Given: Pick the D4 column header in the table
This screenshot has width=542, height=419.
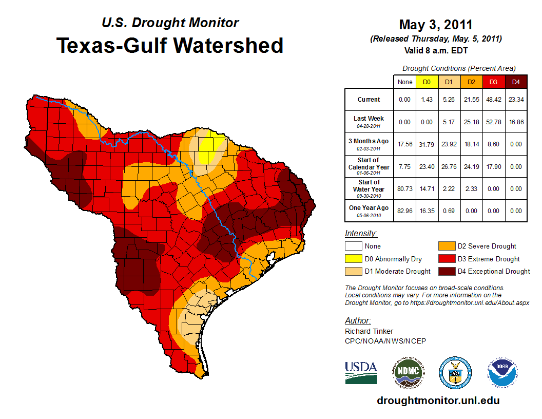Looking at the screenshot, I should [516, 82].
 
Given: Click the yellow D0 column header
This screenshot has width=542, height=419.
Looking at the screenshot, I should [427, 82].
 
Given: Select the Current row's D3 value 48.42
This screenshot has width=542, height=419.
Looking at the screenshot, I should [493, 100].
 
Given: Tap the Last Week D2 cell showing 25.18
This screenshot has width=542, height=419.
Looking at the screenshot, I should [471, 122].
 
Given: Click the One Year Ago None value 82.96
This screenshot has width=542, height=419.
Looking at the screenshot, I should [405, 211].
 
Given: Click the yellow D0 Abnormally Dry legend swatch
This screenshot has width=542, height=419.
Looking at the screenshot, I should [353, 259].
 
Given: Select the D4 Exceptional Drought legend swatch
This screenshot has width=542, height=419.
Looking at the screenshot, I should [446, 271].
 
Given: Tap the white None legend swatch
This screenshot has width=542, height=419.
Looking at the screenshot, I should [353, 246].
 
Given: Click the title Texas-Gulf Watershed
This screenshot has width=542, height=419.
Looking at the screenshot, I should [169, 45].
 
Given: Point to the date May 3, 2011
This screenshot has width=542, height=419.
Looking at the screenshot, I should [435, 25].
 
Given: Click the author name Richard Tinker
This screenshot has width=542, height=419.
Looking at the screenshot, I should [369, 331].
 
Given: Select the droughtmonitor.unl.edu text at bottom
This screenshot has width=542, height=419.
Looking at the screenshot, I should [438, 401].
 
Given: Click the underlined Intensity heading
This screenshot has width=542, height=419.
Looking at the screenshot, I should [361, 234].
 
